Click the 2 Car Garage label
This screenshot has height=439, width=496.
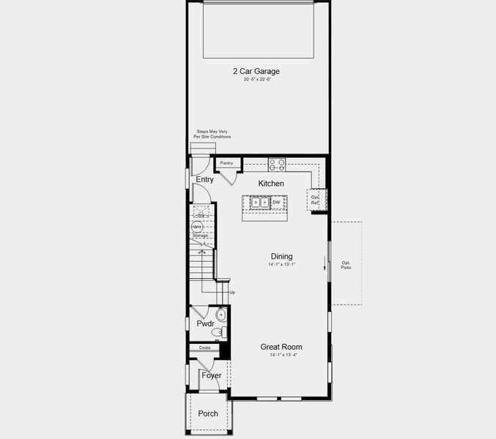click(256, 71)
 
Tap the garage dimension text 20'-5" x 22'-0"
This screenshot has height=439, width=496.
click(257, 80)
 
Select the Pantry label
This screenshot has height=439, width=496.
click(226, 163)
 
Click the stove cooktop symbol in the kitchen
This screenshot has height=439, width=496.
click(276, 164)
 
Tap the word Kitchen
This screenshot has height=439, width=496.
click(271, 184)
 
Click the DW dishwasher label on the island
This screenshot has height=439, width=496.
click(276, 203)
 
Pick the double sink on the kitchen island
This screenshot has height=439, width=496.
click(259, 203)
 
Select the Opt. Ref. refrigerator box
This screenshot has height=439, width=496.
click(316, 199)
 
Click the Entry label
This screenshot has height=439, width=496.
click(205, 179)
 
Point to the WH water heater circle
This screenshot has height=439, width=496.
click(198, 228)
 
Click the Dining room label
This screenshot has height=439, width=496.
click(281, 256)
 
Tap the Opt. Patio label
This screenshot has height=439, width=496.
click(346, 265)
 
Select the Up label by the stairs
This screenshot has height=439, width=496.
click(232, 293)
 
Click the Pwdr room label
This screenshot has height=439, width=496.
click(205, 323)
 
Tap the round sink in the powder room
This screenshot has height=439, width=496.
click(221, 315)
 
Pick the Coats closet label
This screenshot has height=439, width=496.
click(205, 348)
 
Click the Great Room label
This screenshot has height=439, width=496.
click(281, 347)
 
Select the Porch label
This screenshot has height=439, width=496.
click(208, 413)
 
